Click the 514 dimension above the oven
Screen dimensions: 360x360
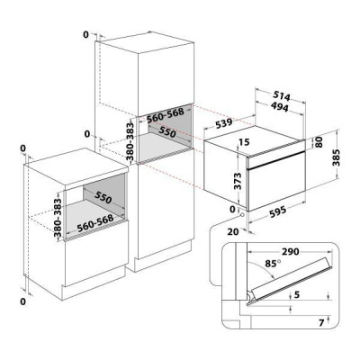coord(282,96)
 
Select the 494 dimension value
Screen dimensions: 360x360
coord(279,107)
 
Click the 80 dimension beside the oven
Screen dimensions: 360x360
coord(319,142)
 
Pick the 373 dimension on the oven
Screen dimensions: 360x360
coord(238,181)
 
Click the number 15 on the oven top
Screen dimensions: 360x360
coord(245,142)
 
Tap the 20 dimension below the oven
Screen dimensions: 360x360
coord(233,231)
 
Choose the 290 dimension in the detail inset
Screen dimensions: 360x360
coord(290,251)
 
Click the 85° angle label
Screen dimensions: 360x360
coord(273,264)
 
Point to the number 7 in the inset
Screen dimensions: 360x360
coord(321,323)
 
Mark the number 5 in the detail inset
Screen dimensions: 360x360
coord(297,295)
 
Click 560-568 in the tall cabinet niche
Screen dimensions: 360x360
coord(166,115)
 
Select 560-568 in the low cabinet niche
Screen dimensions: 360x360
coord(95,224)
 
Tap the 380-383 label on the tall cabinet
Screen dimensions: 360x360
coord(130,141)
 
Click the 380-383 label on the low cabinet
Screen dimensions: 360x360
coord(58,214)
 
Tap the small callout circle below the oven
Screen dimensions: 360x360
coord(241,214)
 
